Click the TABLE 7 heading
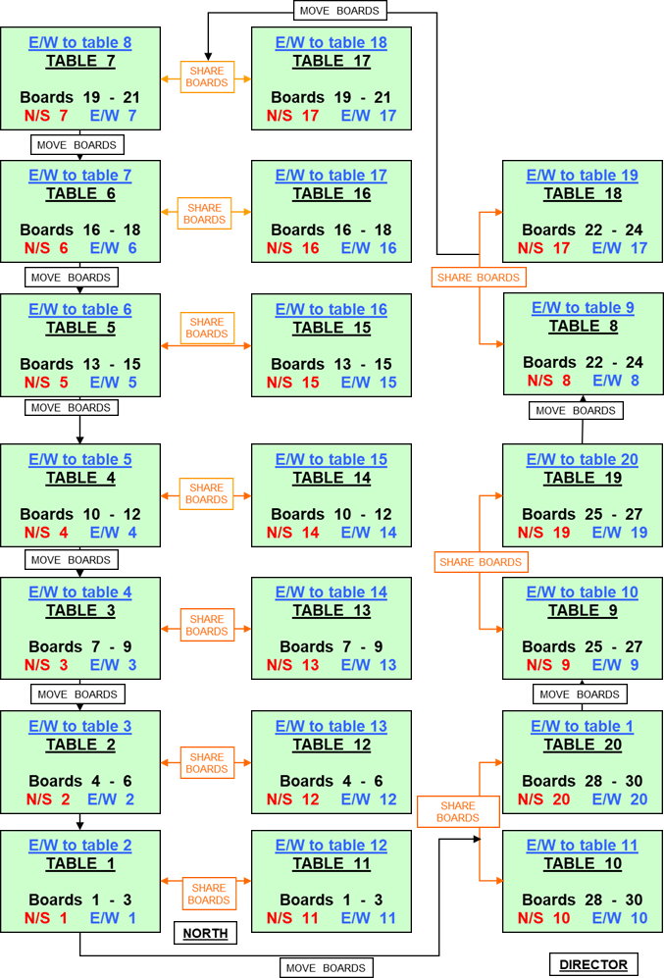click(x=80, y=62)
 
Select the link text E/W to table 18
click(x=331, y=43)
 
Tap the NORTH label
click(x=205, y=933)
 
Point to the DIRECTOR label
click(x=593, y=964)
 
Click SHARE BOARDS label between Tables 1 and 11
click(x=209, y=894)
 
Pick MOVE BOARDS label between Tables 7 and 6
click(x=76, y=145)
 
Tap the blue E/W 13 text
click(x=369, y=665)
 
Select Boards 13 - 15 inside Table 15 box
click(x=331, y=364)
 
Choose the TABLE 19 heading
click(x=583, y=478)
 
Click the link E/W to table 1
click(x=583, y=727)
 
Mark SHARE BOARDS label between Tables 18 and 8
click(x=479, y=278)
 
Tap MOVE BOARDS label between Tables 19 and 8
click(x=574, y=411)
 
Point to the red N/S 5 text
click(x=46, y=383)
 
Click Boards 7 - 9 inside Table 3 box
click(x=80, y=646)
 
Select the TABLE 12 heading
click(x=331, y=745)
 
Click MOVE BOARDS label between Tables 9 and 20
click(x=581, y=695)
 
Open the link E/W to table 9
click(x=583, y=308)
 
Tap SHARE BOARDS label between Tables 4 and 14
click(x=206, y=493)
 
